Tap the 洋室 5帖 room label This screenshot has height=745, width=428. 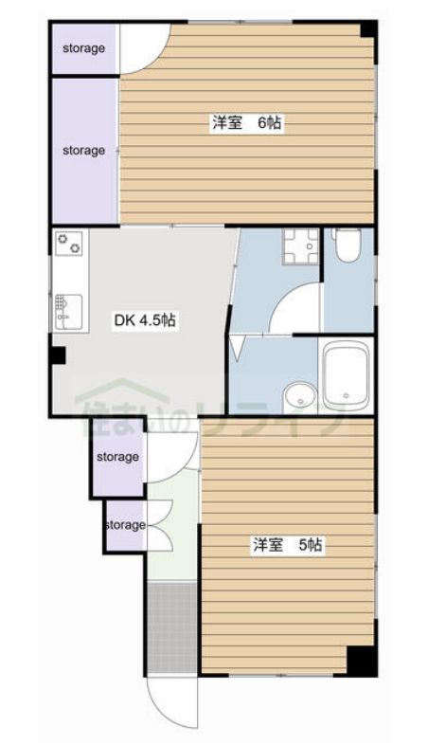288,545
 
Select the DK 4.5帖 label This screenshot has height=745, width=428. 145,320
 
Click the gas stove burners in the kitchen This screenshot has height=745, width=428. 69,244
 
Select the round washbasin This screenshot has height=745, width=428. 298,394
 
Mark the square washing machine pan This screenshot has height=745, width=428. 301,248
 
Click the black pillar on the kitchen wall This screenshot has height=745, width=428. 58,355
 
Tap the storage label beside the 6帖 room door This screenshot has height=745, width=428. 83,48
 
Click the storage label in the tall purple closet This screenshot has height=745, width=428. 83,150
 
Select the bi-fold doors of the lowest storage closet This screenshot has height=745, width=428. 158,524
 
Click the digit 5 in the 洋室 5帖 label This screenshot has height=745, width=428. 303,545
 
